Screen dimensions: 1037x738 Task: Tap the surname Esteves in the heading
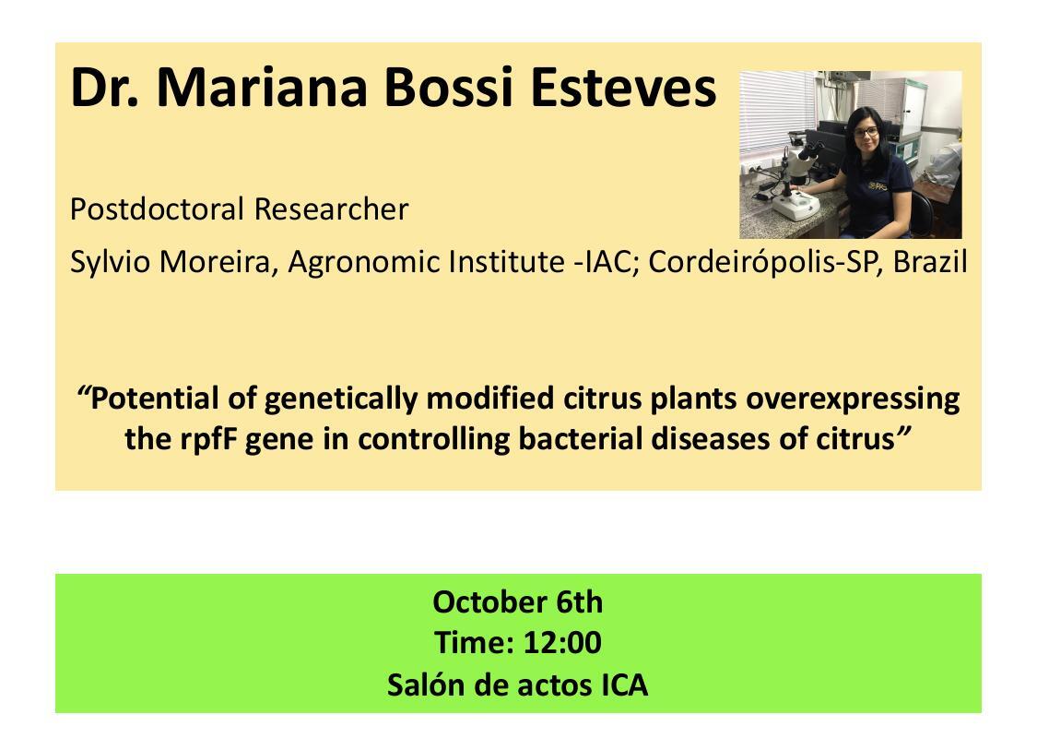click(623, 87)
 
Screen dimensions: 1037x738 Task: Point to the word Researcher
click(331, 209)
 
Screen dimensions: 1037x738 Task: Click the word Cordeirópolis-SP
click(767, 262)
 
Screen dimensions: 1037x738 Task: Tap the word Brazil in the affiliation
click(930, 262)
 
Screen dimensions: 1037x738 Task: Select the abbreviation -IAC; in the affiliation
click(607, 262)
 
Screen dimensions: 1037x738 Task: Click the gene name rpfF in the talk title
click(208, 439)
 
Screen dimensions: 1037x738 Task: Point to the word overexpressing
click(853, 399)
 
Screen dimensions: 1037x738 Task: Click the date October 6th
click(518, 602)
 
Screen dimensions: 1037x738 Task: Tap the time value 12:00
click(562, 643)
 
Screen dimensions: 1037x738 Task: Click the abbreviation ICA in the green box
click(624, 685)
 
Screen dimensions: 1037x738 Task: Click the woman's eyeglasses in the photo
click(866, 132)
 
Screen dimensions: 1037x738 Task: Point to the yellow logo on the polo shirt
click(878, 186)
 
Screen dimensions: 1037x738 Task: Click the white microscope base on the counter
click(796, 205)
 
